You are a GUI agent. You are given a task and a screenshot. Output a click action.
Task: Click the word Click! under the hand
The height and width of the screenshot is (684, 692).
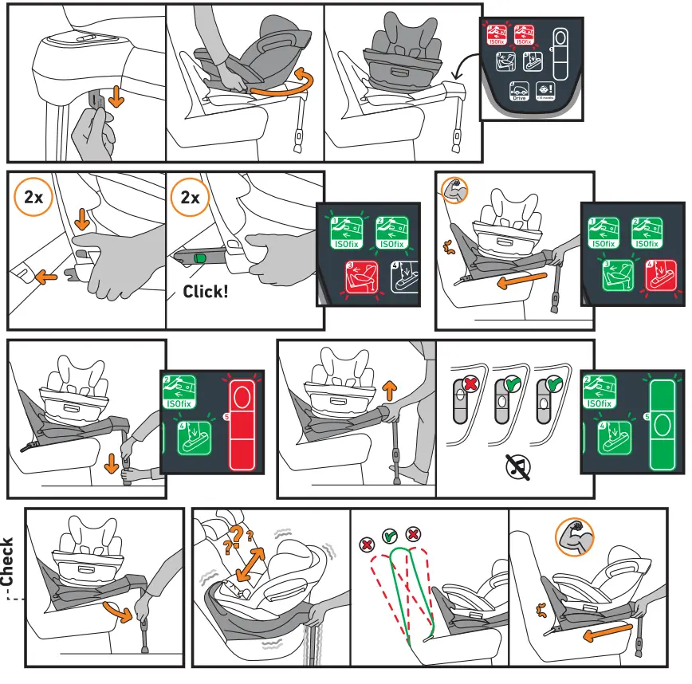coord(205,292)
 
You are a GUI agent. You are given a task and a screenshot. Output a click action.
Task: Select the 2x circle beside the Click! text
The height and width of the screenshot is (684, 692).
coord(191,198)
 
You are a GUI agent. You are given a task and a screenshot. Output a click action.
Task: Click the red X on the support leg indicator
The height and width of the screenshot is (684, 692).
coord(471,384)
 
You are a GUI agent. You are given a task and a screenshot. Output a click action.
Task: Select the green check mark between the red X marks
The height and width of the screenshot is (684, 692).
coord(391,536)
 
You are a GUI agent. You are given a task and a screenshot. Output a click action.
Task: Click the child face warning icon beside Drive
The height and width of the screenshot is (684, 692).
coord(545,91)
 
